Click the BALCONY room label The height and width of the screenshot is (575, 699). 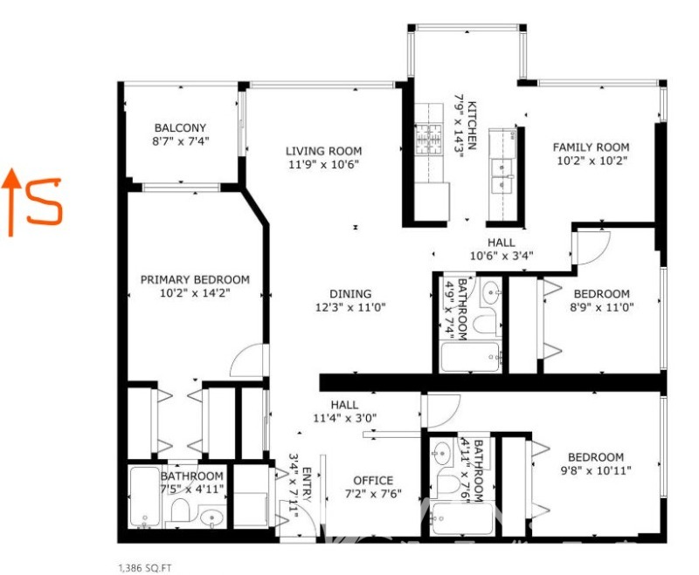181,127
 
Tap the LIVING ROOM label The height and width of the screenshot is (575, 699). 324,151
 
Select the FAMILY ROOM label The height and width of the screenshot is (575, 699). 591,147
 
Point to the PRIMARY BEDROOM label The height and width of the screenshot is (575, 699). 195,279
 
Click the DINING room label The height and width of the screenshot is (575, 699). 350,293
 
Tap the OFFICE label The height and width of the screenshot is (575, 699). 373,480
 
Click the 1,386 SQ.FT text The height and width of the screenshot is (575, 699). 145,566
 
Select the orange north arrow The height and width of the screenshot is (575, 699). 11,202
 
